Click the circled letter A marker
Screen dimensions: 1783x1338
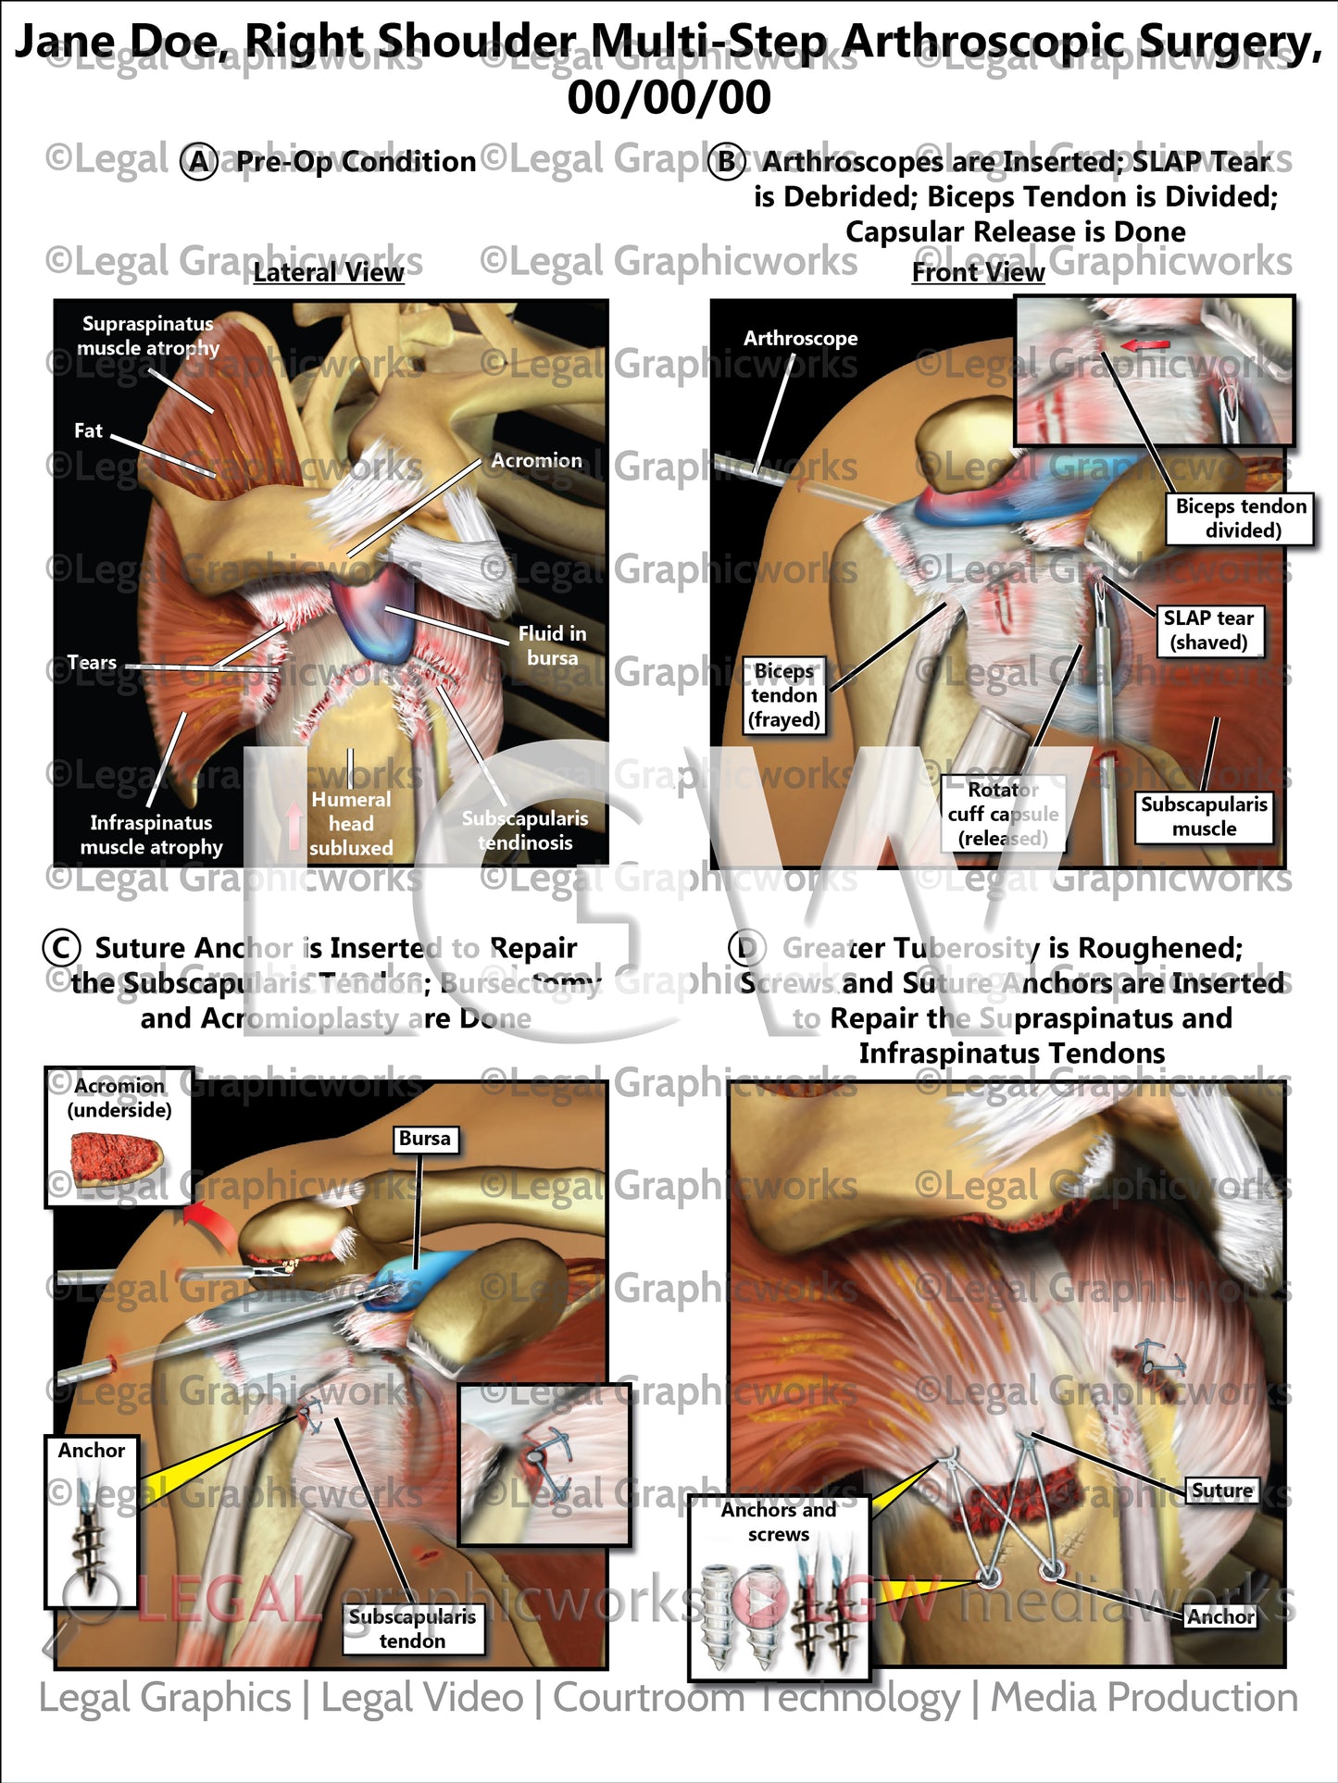[198, 162]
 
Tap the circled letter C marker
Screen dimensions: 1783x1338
[61, 948]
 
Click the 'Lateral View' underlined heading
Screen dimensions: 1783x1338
[329, 272]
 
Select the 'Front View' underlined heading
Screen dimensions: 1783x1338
[978, 272]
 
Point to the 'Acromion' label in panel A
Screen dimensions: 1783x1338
[536, 460]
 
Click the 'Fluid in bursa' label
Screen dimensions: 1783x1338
[552, 645]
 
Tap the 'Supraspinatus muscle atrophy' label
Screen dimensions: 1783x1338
[148, 336]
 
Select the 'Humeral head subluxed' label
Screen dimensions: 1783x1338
[351, 823]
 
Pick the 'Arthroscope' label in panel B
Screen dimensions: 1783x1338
[800, 338]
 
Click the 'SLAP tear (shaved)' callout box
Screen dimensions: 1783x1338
[1208, 630]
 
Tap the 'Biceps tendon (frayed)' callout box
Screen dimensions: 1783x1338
[784, 695]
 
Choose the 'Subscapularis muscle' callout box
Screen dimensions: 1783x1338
[1204, 816]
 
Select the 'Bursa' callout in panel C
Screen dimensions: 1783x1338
[424, 1139]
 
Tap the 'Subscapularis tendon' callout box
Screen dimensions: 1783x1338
[412, 1628]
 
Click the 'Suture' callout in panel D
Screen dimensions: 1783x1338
[1221, 1490]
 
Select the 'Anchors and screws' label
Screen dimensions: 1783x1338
[778, 1522]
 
